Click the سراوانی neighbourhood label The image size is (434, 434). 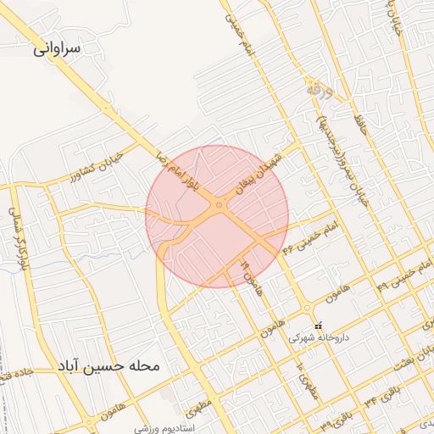(x=57, y=48)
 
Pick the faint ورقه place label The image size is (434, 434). (x=320, y=87)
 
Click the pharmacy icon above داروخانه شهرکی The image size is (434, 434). (x=318, y=326)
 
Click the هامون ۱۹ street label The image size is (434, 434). (x=248, y=276)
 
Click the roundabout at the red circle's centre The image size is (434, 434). (x=219, y=205)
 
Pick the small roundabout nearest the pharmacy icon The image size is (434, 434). (x=306, y=309)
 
